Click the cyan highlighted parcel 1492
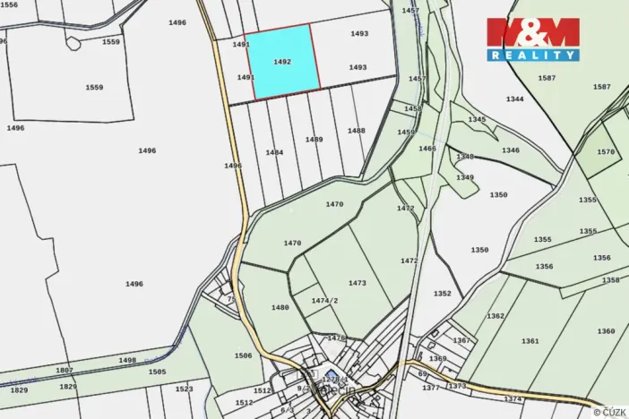[x=282, y=61]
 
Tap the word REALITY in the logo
[x=533, y=55]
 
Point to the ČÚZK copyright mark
[x=609, y=411]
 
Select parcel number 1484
[x=274, y=152]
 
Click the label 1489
[x=314, y=140]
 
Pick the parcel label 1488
[x=357, y=131]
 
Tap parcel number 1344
[x=514, y=99]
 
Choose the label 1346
[x=511, y=150]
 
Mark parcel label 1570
[x=606, y=152]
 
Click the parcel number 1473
[x=358, y=283]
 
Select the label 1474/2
[x=324, y=301]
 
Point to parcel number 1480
[x=280, y=307]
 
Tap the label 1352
[x=443, y=293]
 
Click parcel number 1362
[x=495, y=316]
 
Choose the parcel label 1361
[x=530, y=341]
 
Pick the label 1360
[x=606, y=331]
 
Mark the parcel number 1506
[x=243, y=355]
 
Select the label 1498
[x=127, y=360]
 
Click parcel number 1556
[x=9, y=4]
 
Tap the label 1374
[x=513, y=398]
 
